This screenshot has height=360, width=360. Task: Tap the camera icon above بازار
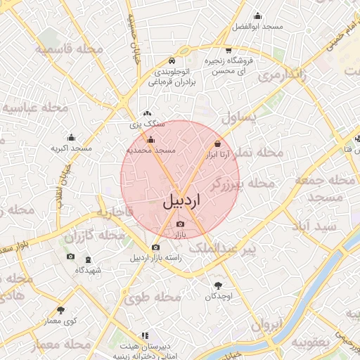coord(180,224)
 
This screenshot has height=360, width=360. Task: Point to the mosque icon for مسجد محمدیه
coord(150,141)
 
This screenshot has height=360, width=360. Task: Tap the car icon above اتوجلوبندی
coord(172,61)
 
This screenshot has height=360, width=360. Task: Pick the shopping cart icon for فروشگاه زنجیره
coord(229,50)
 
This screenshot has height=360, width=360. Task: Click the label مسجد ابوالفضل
coord(259,26)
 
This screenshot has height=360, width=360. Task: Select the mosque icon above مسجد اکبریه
coord(70,138)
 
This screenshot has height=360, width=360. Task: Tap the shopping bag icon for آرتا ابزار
coord(217,145)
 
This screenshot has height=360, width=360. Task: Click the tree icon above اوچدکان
coord(217,285)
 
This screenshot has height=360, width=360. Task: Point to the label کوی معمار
coord(60,321)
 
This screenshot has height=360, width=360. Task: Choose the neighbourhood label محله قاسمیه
coord(70,49)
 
